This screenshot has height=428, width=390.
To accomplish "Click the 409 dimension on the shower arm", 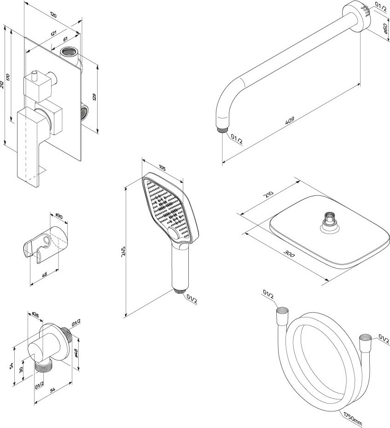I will (x=290, y=121).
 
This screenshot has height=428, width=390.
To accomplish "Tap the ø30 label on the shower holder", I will (x=59, y=216).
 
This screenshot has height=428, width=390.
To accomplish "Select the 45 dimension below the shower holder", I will (x=45, y=275).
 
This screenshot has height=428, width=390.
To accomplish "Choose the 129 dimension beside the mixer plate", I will (x=94, y=97).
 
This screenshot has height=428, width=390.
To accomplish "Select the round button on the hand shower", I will (x=175, y=235).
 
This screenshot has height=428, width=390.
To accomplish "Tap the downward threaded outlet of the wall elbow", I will (x=45, y=367).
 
